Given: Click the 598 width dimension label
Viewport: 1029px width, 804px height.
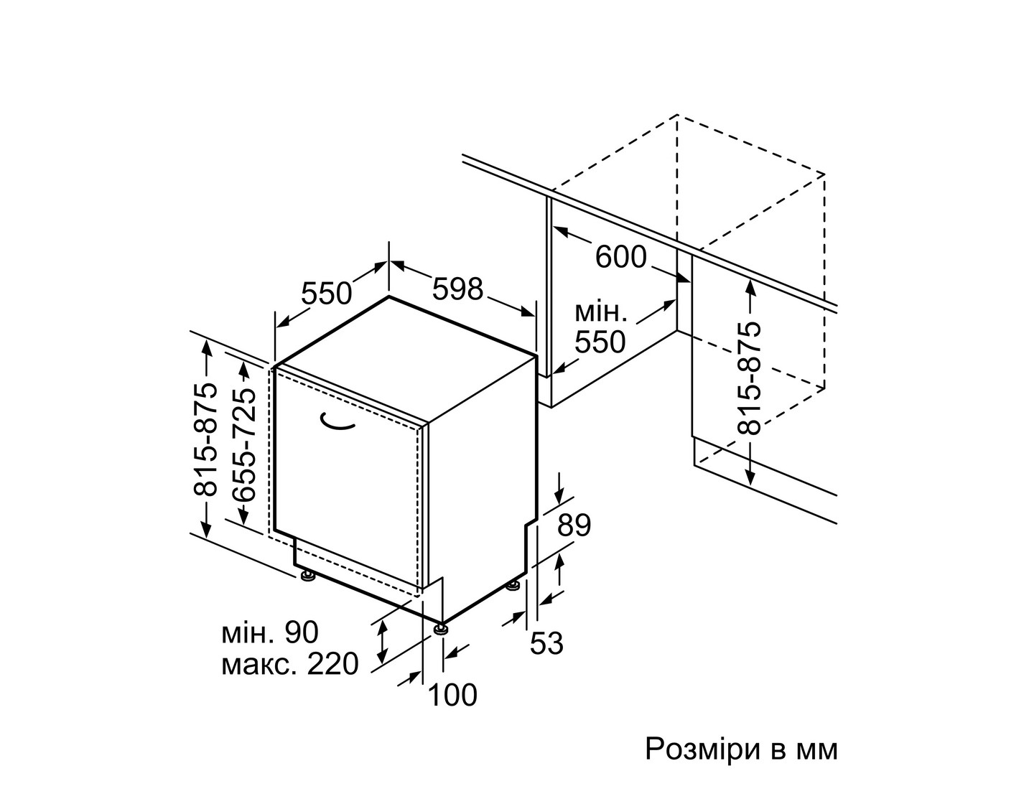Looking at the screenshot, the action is pos(457,289).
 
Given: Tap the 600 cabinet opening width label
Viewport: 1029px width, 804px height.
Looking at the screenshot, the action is pos(621,258).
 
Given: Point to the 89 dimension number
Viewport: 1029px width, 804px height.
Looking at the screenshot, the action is pos(574,525).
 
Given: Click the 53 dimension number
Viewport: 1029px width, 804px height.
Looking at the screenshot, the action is pos(546,643).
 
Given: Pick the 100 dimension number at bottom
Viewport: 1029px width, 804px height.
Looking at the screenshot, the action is pos(452,695).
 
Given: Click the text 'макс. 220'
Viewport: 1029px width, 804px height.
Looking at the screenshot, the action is pos(290,664).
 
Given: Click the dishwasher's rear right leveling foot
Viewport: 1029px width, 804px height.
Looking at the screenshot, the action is pos(513,585).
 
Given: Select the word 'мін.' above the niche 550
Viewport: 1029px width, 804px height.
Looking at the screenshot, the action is pos(601,313).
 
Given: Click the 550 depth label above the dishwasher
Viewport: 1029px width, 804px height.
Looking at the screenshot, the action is pos(327,293).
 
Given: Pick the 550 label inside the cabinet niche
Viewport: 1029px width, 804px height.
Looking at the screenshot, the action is pos(600,342).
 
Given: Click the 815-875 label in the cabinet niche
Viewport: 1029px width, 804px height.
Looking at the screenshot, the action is pos(749,378).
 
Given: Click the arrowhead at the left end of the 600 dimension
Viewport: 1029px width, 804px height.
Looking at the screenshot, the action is pos(560,231).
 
